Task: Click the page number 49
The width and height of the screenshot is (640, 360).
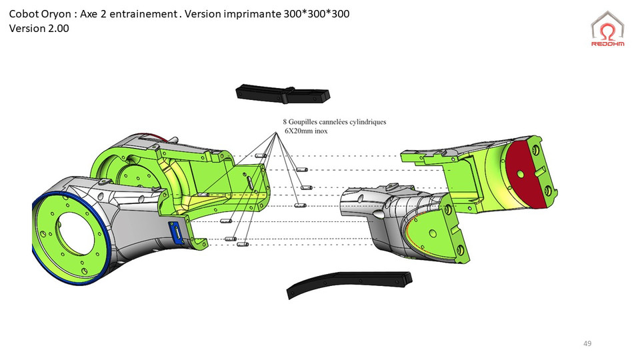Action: pyautogui.click(x=587, y=343)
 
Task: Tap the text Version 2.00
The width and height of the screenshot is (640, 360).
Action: pyautogui.click(x=39, y=29)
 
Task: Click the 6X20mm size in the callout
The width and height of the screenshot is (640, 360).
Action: pyautogui.click(x=298, y=131)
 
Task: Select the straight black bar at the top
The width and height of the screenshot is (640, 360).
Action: pyautogui.click(x=283, y=95)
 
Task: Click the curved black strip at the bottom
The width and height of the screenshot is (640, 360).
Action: pyautogui.click(x=347, y=283)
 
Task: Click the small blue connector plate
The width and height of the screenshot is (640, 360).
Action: pyautogui.click(x=177, y=231)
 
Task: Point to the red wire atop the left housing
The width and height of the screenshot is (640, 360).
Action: pyautogui.click(x=157, y=137)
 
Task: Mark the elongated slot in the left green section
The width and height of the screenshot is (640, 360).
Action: pyautogui.click(x=248, y=182)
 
